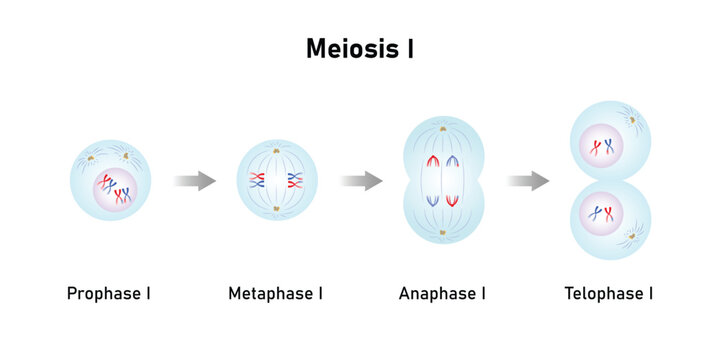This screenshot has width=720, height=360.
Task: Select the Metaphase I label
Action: pos(275,293)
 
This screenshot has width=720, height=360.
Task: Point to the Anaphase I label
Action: pos(442,293)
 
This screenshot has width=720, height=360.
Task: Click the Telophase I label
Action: pos(608,293)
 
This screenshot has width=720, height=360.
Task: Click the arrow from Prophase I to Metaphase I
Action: pos(194,181)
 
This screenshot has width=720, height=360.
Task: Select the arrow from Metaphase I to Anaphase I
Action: pos(361,181)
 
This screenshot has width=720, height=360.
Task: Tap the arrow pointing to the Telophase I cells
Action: pos(527,181)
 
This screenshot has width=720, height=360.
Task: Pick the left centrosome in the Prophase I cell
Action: pos(91,158)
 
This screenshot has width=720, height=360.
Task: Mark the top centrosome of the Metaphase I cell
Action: pos(275,146)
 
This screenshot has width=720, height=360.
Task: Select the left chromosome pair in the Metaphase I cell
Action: pos(257,181)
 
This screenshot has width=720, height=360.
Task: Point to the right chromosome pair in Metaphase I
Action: pos(294,181)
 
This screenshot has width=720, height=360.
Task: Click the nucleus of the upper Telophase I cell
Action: pos(602,148)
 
